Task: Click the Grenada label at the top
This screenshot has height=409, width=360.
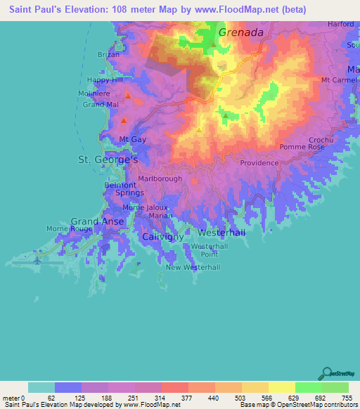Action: point(240,32)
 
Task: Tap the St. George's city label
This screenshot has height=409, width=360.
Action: point(107,161)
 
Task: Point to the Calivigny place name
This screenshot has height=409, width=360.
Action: point(163,237)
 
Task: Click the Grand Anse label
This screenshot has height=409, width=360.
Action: point(97,221)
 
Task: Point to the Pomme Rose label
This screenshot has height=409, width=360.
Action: point(302,147)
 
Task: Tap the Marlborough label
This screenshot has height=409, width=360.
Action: point(160,178)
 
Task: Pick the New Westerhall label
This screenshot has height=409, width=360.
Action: point(193,268)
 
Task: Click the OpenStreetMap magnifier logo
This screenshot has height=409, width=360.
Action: point(326,372)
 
